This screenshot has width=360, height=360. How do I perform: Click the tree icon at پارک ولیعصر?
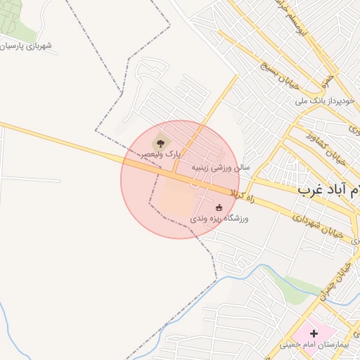click(156, 143)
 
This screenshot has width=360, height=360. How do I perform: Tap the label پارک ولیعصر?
click(162, 153)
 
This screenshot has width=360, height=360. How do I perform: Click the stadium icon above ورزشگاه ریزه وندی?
click(219, 207)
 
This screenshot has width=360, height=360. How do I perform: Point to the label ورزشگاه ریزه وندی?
click(219, 219)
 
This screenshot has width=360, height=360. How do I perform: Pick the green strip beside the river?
click(299, 284)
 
